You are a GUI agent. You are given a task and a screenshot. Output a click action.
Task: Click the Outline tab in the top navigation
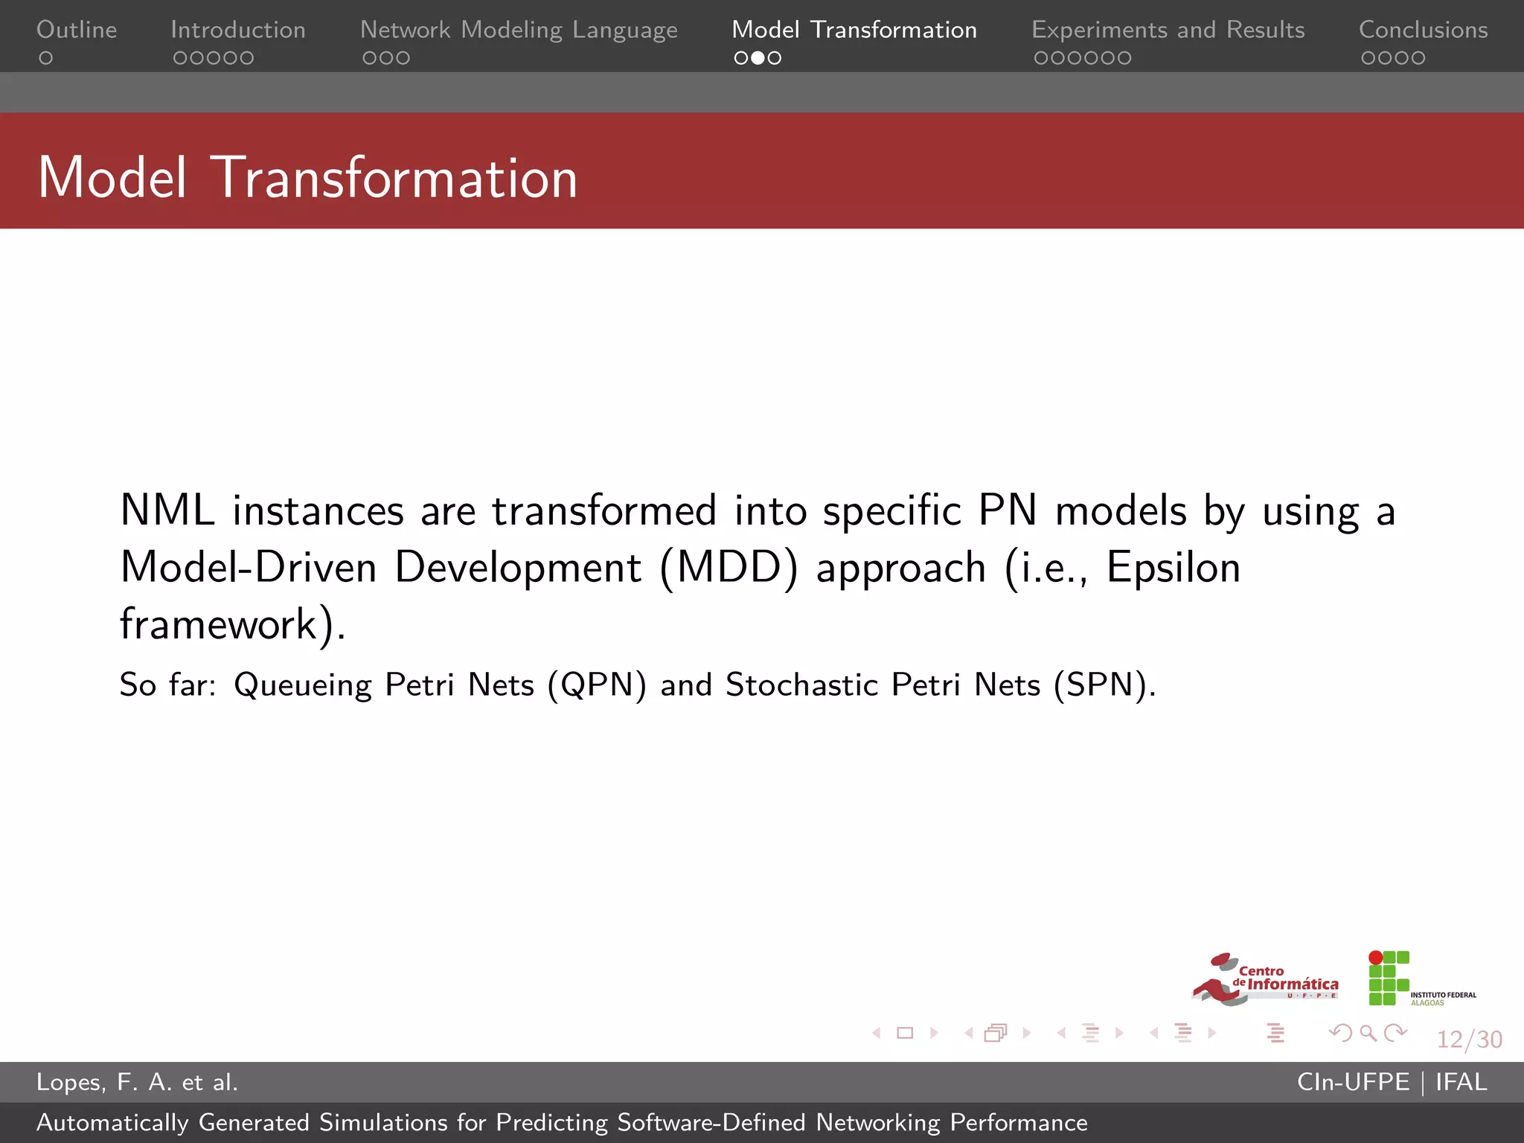point(77,30)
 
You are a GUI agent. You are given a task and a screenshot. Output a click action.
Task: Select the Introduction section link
point(238,30)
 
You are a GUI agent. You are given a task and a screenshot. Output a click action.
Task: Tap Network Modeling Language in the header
point(519,30)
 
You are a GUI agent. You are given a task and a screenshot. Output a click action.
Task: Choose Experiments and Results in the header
point(1168,30)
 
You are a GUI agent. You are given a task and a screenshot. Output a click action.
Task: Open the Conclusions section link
point(1423,30)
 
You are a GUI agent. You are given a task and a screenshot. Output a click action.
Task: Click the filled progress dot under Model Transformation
point(758,58)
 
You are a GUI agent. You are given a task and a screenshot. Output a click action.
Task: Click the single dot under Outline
point(46,58)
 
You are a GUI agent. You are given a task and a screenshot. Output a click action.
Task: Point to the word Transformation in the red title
point(394,179)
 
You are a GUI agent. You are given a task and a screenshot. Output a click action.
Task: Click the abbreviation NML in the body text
point(167,511)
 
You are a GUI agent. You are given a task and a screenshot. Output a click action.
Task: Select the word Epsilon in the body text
point(1174,568)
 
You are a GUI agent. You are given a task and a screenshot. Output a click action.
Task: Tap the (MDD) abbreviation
point(729,569)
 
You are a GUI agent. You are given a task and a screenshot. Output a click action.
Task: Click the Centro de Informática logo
point(1265,979)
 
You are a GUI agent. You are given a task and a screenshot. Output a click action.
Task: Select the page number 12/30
point(1469,1039)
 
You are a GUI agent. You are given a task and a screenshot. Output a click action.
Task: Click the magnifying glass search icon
point(1368,1033)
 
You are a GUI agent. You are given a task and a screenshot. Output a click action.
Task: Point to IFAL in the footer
point(1461,1082)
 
